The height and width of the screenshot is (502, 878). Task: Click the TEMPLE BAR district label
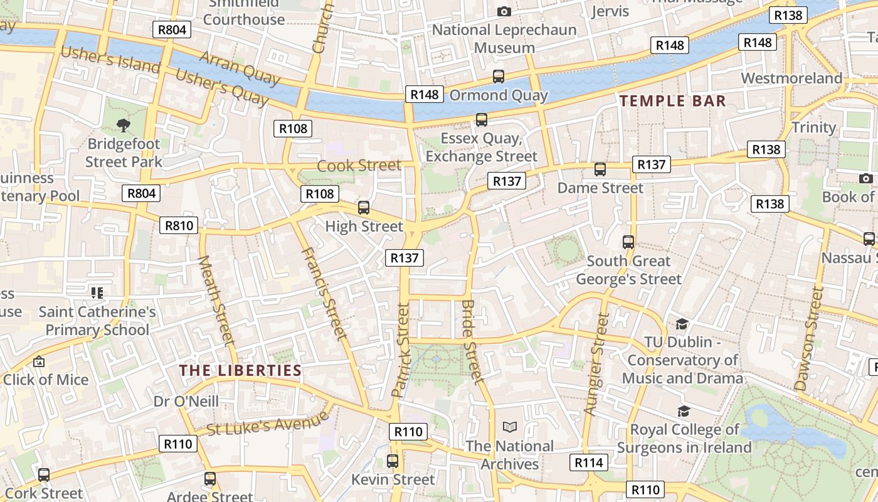click(673, 101)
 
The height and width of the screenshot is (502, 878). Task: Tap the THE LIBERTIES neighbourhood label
click(241, 371)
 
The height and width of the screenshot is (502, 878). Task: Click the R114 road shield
click(589, 463)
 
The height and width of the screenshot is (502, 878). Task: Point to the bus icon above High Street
click(364, 207)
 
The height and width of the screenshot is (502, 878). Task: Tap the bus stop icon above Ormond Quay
click(499, 77)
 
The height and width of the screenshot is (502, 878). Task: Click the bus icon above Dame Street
click(600, 169)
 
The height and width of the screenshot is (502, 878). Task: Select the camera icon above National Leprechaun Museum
click(504, 11)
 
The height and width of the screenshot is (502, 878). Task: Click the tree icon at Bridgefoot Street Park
click(124, 125)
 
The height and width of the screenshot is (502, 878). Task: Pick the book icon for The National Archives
click(510, 427)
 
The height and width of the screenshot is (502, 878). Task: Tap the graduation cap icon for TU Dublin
click(682, 324)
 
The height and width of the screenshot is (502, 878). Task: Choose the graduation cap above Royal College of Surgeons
click(684, 411)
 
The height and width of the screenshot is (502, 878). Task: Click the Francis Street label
click(324, 293)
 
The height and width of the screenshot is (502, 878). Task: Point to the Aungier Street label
click(596, 364)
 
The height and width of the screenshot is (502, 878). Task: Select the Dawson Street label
click(808, 339)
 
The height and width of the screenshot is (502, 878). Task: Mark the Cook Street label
click(359, 166)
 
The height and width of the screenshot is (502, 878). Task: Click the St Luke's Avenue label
click(267, 423)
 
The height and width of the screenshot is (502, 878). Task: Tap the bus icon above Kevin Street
click(393, 461)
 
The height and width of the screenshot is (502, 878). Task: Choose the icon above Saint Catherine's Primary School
click(97, 292)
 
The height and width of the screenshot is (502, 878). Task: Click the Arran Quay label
click(240, 68)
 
